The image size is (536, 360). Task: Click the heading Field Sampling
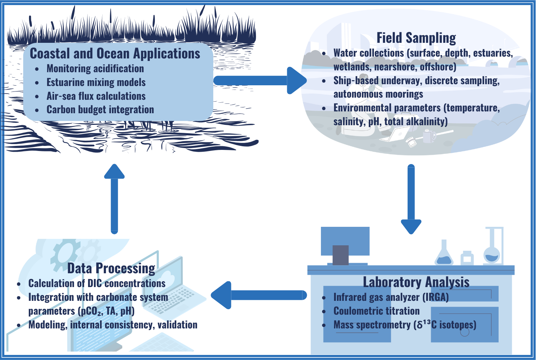pos(416,38)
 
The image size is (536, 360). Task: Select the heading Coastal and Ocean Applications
pos(115,54)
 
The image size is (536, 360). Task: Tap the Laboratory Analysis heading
pos(416,282)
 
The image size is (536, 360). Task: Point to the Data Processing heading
pos(111,269)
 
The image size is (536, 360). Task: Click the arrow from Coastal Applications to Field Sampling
pos(259,80)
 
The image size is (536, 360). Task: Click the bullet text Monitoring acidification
pos(95,69)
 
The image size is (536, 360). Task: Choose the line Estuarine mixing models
pos(96,82)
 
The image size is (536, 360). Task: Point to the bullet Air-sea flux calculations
pos(96,96)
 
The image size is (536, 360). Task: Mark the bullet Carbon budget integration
pos(100,110)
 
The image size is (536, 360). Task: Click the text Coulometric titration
pos(376,311)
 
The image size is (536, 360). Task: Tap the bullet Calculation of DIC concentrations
pos(97,283)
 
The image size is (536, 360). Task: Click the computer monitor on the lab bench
pos(345,241)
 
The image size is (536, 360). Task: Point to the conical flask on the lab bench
pos(444,254)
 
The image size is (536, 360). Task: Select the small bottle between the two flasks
pos(467,258)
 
